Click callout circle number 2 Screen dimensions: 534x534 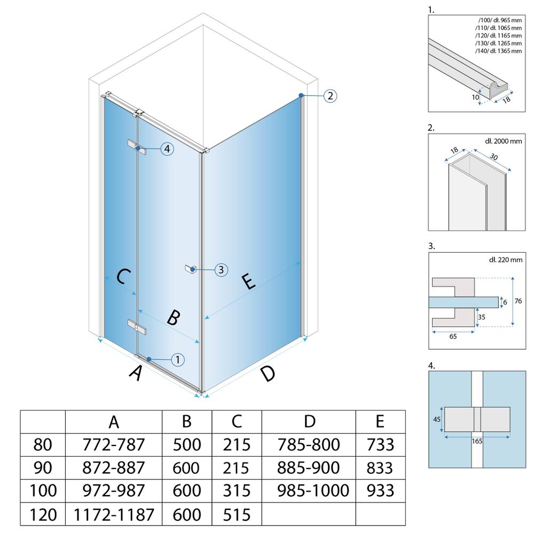pos(330,96)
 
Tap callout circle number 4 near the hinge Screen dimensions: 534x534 pos(167,149)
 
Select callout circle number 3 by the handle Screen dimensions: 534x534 pos(222,270)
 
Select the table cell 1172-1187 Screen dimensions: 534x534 pos(114,514)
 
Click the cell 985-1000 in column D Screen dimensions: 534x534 pos(310,491)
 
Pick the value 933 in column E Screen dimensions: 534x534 pos(380,491)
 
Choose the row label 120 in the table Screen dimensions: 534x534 pos(43,514)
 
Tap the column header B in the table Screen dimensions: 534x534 pos(186,422)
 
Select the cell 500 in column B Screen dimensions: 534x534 pos(186,444)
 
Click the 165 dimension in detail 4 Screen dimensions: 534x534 pos(477,441)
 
